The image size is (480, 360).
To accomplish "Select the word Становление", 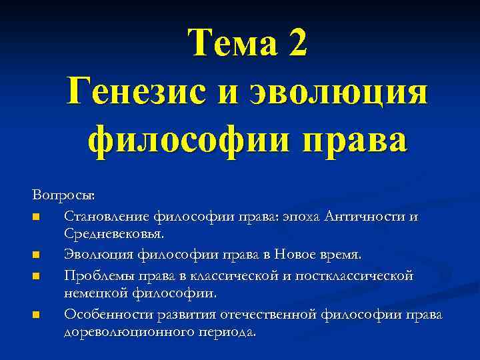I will point(107,215).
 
